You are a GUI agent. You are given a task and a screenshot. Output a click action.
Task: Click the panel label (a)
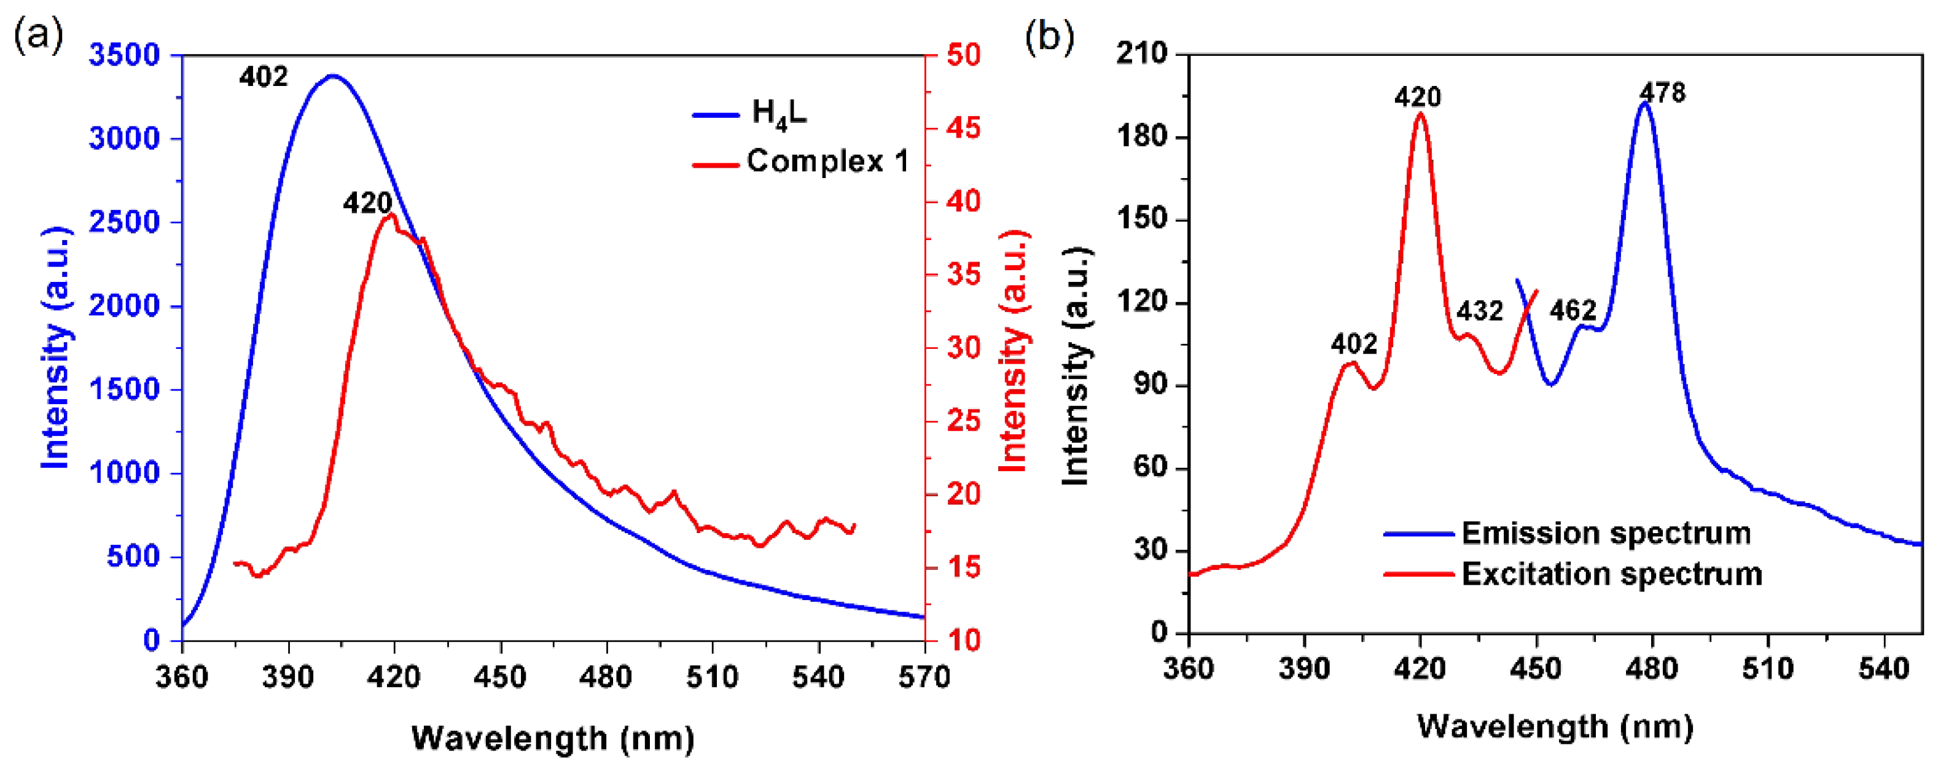click(37, 35)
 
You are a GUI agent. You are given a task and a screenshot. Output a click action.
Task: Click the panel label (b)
click(1049, 35)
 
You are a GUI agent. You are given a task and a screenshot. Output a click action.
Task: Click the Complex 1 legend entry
click(827, 162)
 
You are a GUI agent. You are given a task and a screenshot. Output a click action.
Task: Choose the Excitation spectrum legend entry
click(1611, 574)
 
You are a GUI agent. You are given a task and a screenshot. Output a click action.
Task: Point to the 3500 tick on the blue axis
click(125, 55)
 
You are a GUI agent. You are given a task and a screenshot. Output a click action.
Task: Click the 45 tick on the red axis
click(964, 128)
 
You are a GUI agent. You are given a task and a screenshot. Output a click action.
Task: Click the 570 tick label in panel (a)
click(924, 676)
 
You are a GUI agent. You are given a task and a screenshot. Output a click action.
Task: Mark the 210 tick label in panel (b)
click(1141, 53)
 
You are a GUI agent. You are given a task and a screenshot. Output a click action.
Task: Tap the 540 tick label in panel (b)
click(1884, 668)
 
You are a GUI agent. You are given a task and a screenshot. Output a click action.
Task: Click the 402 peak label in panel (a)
click(264, 77)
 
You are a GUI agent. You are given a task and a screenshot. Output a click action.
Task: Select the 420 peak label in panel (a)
click(368, 203)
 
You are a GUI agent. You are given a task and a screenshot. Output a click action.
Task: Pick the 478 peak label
click(1662, 93)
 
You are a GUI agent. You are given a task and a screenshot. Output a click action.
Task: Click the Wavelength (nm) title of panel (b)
click(1555, 727)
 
